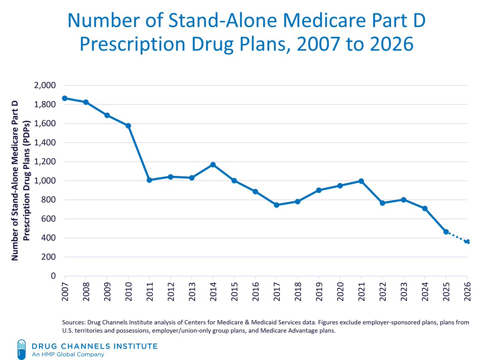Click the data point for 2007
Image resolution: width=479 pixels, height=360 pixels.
[65, 98]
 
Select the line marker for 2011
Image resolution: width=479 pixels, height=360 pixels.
[149, 180]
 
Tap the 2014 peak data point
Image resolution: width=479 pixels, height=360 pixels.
[213, 165]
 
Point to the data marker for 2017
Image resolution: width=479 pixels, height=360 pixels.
[276, 205]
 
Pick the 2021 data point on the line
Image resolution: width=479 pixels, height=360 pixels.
[361, 181]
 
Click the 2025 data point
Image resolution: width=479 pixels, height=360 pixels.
[446, 232]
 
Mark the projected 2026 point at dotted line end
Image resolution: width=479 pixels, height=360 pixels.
[467, 242]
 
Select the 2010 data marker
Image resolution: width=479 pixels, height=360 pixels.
[128, 126]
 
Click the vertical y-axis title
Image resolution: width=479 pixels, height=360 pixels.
[20, 181]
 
